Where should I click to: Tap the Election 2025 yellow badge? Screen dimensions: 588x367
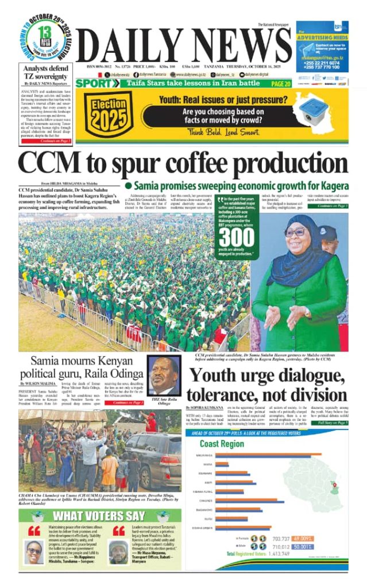[105, 114]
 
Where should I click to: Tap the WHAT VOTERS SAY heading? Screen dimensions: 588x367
[99, 516]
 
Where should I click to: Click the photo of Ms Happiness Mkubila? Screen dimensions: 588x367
[33, 551]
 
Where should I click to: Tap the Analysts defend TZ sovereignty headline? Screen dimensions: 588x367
[45, 72]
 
